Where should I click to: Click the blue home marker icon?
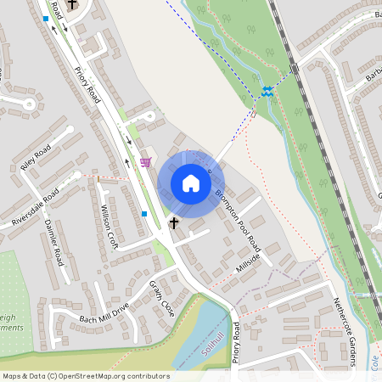coord(191,183)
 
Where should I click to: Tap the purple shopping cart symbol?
coord(145,161)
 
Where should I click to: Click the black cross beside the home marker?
coord(175,222)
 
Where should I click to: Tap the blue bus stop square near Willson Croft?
coord(145,214)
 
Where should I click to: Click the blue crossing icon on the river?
coord(267,92)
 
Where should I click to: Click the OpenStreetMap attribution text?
coord(85,376)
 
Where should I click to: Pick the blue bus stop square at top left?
coord(46,18)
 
